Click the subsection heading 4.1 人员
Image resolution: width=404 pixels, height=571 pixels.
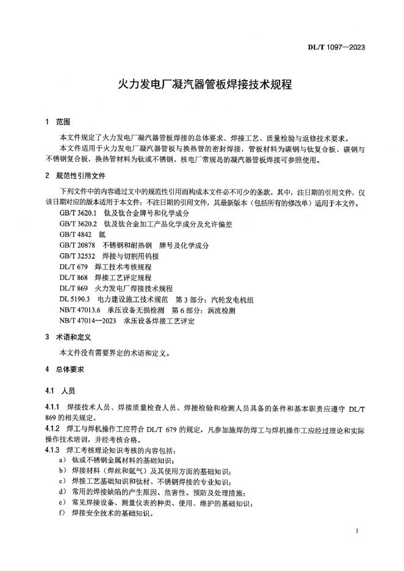(x=60, y=390)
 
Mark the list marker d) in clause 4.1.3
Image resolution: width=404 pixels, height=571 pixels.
(x=63, y=491)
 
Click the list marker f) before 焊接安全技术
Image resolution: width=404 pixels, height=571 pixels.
(x=62, y=513)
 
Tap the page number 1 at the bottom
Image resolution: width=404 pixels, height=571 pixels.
(x=356, y=532)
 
